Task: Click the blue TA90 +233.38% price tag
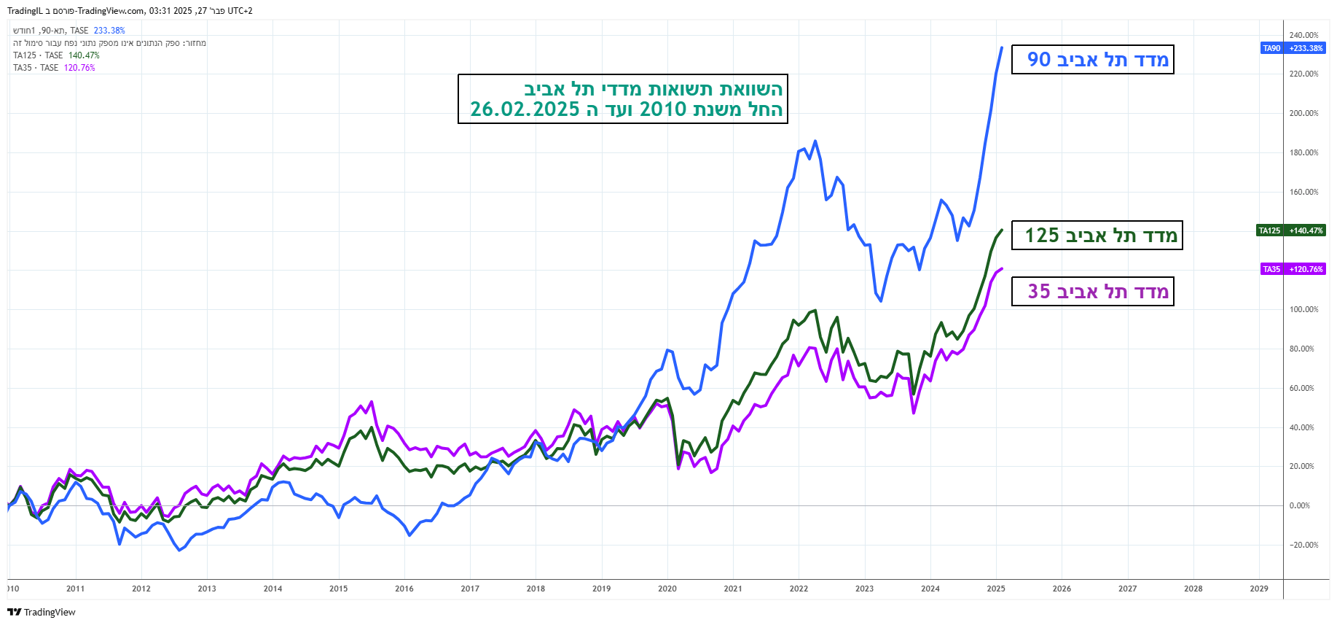[1293, 48]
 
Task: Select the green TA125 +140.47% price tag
[1291, 230]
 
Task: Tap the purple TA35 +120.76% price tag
[1293, 269]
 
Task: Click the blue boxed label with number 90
[1092, 60]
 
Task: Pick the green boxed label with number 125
[1097, 236]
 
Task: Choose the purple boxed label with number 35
[1092, 292]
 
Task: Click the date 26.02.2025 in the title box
[525, 109]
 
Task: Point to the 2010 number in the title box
[663, 109]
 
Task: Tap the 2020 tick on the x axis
[667, 589]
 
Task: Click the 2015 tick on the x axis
[339, 589]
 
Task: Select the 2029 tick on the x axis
[1259, 589]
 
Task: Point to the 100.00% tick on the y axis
[1303, 309]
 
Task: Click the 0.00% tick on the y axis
[1299, 505]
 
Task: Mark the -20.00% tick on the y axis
[1303, 545]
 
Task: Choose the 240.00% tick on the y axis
[1303, 35]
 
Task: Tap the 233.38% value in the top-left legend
[109, 31]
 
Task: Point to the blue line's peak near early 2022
[815, 141]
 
